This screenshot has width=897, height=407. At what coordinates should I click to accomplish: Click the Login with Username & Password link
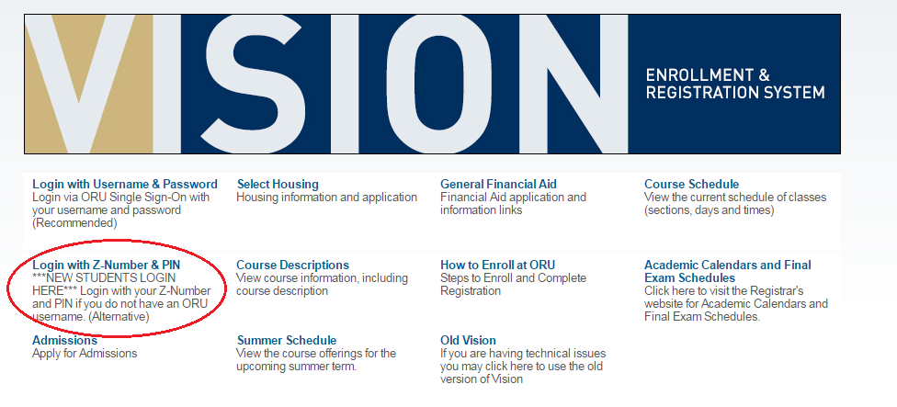[125, 184]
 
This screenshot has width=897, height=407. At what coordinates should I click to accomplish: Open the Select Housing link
[278, 184]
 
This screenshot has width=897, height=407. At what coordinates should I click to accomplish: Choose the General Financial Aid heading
[498, 184]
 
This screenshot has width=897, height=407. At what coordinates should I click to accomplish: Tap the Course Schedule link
[691, 184]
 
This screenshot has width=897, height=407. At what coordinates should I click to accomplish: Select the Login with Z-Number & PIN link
[106, 265]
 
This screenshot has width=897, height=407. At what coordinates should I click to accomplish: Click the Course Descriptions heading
[292, 265]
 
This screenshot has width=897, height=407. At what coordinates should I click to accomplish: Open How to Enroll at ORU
[497, 265]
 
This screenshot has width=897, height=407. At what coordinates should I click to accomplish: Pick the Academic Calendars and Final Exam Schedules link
[727, 271]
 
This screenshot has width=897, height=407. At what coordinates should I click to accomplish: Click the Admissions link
[64, 340]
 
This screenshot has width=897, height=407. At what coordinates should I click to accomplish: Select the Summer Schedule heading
[287, 340]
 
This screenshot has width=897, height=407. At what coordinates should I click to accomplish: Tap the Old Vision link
[468, 340]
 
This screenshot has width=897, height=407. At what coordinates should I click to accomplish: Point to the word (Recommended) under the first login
[74, 223]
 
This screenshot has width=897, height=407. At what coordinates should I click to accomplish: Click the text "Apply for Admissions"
[85, 353]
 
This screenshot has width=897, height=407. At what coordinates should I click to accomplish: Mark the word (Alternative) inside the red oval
[119, 317]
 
